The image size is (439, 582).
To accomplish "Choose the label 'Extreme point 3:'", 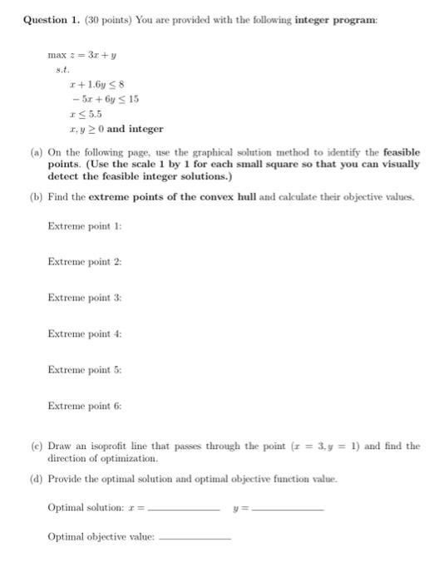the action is pyautogui.click(x=85, y=297).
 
